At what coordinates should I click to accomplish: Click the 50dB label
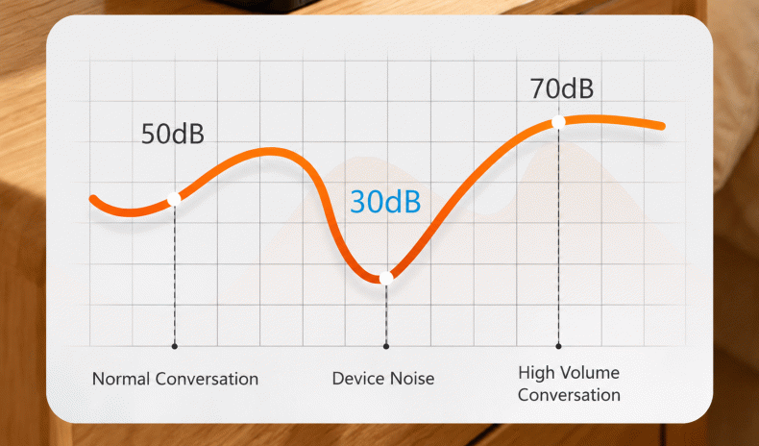click(x=172, y=134)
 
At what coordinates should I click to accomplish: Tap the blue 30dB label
click(x=385, y=202)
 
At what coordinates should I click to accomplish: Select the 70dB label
click(x=561, y=88)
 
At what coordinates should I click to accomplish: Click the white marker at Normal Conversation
click(x=174, y=199)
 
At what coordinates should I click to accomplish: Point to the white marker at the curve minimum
click(x=386, y=278)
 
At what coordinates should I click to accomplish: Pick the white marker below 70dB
click(x=558, y=121)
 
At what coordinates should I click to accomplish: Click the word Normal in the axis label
click(x=121, y=379)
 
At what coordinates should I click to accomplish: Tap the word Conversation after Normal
click(x=207, y=379)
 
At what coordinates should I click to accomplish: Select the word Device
click(x=355, y=379)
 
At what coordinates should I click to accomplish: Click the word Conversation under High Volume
click(x=569, y=395)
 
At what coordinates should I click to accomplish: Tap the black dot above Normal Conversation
click(x=174, y=346)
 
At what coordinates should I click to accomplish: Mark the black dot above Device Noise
click(x=386, y=346)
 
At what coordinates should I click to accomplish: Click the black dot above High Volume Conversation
click(x=558, y=346)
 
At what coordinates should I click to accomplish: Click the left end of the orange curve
click(x=93, y=198)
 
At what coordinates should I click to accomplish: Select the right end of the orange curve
click(x=662, y=126)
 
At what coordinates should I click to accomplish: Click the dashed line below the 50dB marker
click(x=174, y=274)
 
